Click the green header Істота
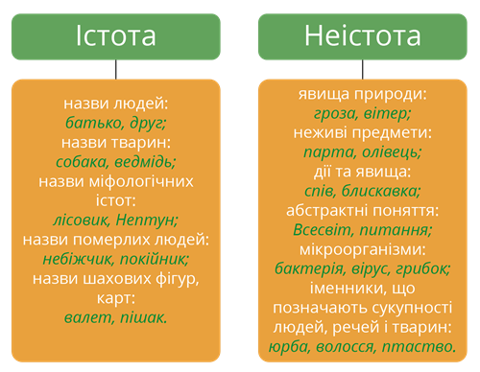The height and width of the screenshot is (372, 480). (115, 36)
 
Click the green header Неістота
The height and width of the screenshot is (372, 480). (362, 36)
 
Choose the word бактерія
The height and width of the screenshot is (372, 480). (309, 267)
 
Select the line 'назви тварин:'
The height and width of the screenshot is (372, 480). (115, 142)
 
